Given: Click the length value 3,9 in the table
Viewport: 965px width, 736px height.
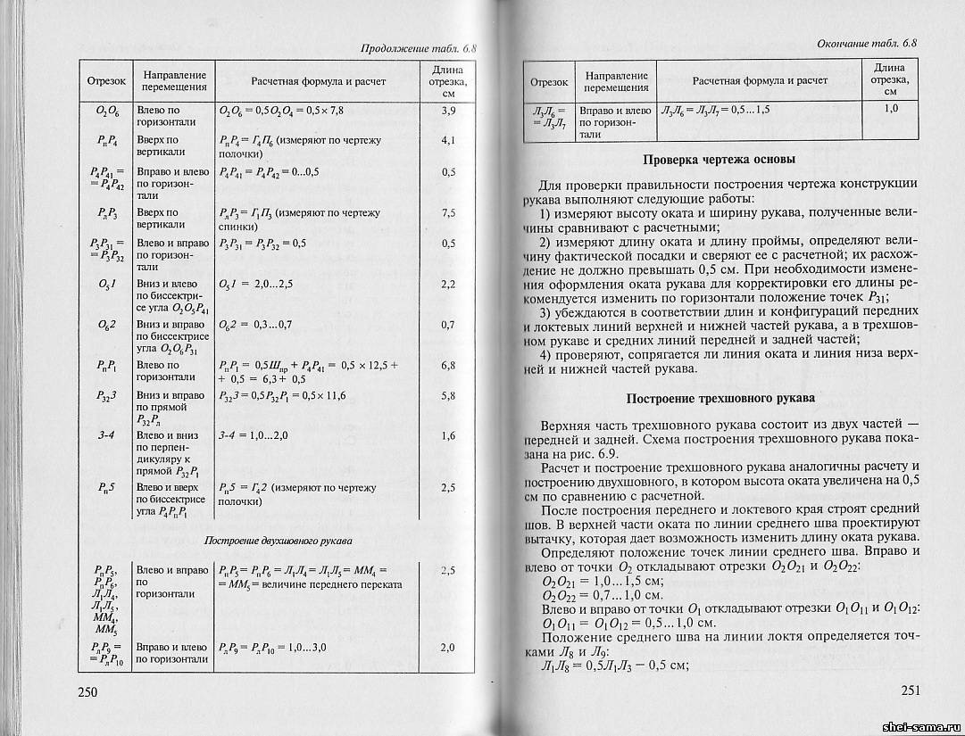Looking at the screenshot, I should tap(448, 110).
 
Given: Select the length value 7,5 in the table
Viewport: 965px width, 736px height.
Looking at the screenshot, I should tap(448, 212).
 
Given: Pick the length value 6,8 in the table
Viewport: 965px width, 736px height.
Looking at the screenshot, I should tap(448, 365).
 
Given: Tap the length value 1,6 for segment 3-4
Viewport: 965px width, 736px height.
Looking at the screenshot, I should tap(448, 435).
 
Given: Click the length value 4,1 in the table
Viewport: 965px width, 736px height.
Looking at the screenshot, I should tap(448, 140).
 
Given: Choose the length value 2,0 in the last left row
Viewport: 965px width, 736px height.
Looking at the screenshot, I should tap(448, 647).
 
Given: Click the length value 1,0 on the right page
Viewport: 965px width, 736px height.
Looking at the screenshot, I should tap(890, 108).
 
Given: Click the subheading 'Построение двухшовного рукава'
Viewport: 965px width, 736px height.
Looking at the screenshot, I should tap(278, 541).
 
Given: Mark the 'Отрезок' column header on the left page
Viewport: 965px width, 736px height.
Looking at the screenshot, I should tap(106, 81).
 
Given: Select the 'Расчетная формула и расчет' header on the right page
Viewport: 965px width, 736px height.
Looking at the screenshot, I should tap(760, 80).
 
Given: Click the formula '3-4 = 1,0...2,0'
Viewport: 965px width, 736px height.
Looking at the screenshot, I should tap(254, 436).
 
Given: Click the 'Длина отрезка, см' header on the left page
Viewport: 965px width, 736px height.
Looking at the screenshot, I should tap(448, 81).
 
